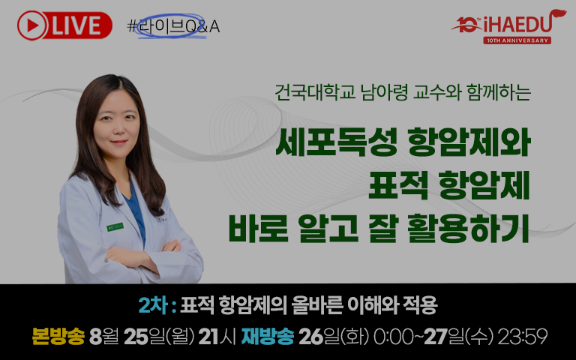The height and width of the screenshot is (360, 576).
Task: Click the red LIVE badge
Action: [64, 25]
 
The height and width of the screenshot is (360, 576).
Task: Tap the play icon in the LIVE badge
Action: [32, 25]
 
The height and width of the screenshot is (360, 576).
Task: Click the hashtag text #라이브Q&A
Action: [173, 26]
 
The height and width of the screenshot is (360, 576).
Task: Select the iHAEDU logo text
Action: [518, 24]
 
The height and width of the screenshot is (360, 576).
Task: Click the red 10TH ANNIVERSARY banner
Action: [517, 40]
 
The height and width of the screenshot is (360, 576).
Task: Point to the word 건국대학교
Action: [315, 91]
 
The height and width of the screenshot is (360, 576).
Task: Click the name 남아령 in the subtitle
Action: [384, 91]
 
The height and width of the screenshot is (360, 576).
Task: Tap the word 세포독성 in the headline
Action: [337, 142]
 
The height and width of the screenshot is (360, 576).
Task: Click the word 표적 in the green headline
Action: [399, 185]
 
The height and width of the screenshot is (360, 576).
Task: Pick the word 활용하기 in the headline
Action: [468, 229]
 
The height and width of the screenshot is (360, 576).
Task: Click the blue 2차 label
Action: [153, 305]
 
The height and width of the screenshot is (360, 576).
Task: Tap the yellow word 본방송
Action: [58, 336]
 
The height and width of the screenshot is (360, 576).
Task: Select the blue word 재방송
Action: [268, 336]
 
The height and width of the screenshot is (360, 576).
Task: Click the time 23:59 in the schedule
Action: [522, 336]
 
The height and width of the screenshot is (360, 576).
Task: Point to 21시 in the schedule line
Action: [217, 336]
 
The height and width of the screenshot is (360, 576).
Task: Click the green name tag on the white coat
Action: [115, 227]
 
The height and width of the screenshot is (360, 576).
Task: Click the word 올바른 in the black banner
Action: [317, 305]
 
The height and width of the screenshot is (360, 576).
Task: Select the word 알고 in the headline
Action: [328, 229]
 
